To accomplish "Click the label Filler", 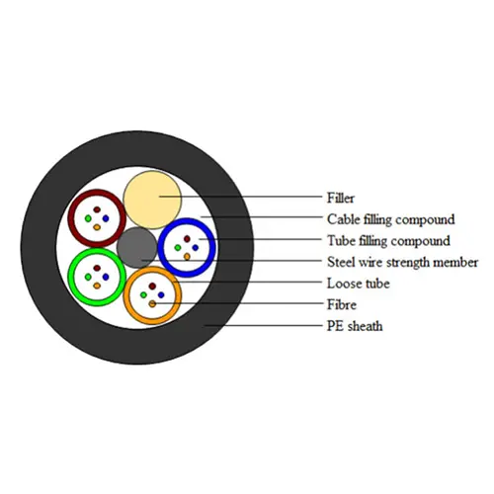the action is coord(341,198).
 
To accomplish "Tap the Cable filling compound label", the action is coord(391,219).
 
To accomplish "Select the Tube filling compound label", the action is coord(388,241).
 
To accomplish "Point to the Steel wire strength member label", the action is coord(402,262).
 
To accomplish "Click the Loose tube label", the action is coord(359,284).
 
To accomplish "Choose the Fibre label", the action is coord(342,304).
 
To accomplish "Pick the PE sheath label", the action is coord(355,326).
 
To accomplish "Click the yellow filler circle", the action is coord(152,200).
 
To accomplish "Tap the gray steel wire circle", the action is coord(137,248).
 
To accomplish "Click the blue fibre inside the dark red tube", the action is coord(106,218).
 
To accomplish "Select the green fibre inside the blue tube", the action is coord(178,248).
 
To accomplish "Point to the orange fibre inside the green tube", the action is coord(97,286).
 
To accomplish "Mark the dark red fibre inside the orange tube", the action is coord(152,286).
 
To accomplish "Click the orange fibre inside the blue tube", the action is coord(187,257).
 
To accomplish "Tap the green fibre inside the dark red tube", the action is coord(88,218).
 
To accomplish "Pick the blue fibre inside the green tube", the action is coord(106,277).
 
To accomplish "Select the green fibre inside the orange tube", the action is coord(143,294).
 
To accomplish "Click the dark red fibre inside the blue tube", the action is coord(187,239).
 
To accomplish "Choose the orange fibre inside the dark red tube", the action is coord(97,227).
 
